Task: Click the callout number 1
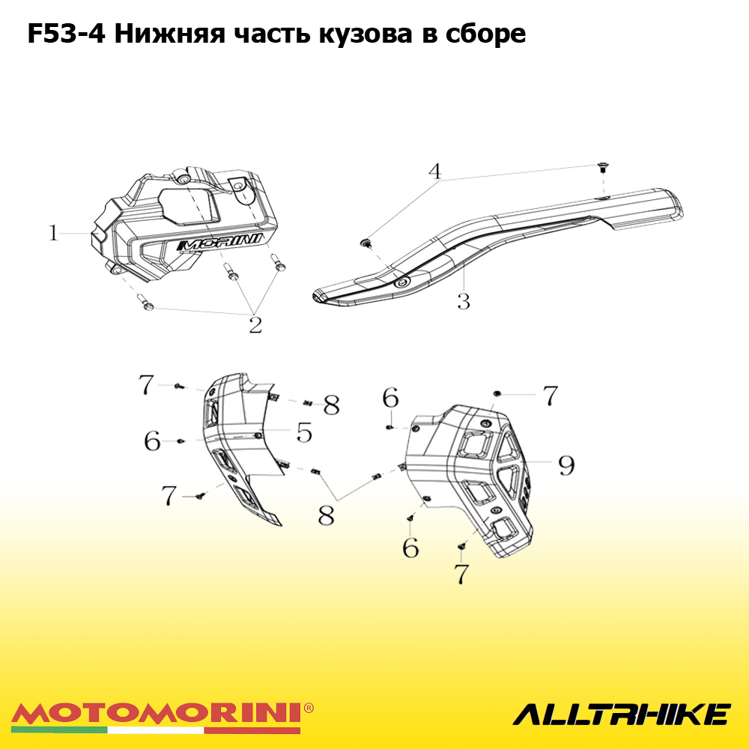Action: click(53, 233)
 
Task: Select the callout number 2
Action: click(255, 325)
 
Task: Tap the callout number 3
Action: click(464, 301)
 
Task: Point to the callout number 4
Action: click(434, 171)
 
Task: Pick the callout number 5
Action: click(304, 432)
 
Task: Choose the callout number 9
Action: click(566, 465)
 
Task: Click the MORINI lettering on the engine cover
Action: click(219, 242)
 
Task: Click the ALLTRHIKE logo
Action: click(622, 715)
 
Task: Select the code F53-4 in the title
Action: click(67, 34)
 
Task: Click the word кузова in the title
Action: click(366, 34)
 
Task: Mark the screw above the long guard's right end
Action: click(603, 168)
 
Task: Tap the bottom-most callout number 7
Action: click(461, 573)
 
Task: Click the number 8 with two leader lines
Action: click(327, 515)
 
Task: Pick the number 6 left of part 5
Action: click(152, 440)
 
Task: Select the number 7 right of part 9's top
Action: click(551, 395)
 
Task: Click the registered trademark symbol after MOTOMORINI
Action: click(309, 708)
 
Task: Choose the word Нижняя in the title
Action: click(169, 34)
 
